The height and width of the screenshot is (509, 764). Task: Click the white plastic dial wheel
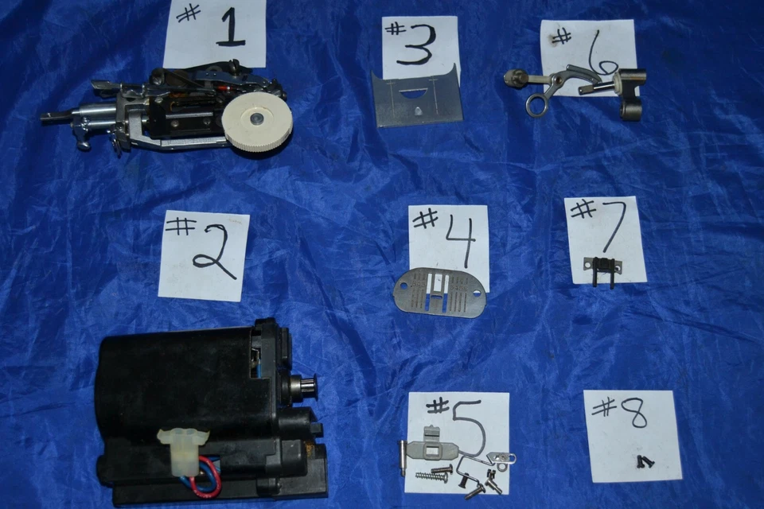(256, 120)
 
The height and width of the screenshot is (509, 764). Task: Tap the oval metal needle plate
(439, 293)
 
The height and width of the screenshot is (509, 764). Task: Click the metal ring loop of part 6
(537, 107)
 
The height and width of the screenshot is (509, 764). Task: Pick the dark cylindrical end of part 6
(631, 108)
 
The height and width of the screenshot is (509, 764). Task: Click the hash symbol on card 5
(438, 406)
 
